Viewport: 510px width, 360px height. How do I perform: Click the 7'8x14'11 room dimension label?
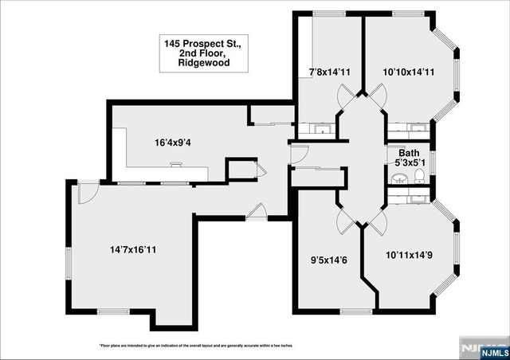click(328, 72)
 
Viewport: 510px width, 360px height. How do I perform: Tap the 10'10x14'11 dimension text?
click(407, 72)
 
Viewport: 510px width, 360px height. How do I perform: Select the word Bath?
click(409, 153)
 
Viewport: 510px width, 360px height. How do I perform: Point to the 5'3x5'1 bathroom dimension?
click(409, 163)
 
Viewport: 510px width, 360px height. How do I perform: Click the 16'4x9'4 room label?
click(173, 143)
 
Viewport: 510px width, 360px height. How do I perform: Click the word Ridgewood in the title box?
click(199, 61)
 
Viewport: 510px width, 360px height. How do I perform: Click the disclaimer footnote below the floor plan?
click(195, 346)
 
